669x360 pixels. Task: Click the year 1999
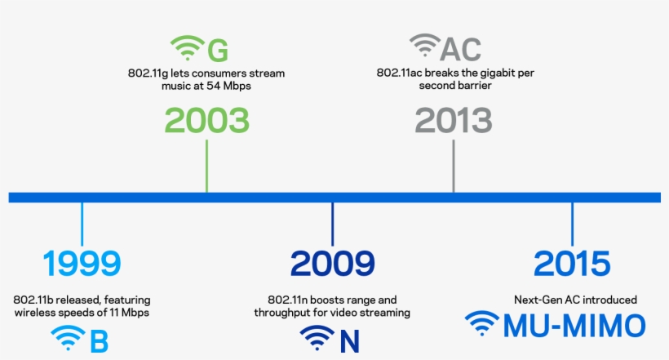click(x=82, y=264)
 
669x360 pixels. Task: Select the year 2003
click(x=206, y=121)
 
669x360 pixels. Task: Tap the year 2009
click(x=333, y=264)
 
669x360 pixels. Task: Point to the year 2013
click(x=454, y=121)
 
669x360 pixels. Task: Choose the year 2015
click(x=572, y=264)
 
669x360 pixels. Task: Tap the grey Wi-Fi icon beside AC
click(x=424, y=46)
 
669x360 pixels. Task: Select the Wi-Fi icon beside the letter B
click(x=68, y=338)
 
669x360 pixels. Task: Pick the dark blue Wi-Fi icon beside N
click(x=317, y=338)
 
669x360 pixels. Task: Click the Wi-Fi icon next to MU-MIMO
click(x=482, y=324)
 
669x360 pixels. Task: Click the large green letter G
click(x=217, y=50)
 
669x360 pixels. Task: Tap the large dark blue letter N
click(x=349, y=340)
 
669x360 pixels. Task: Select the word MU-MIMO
click(x=574, y=326)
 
